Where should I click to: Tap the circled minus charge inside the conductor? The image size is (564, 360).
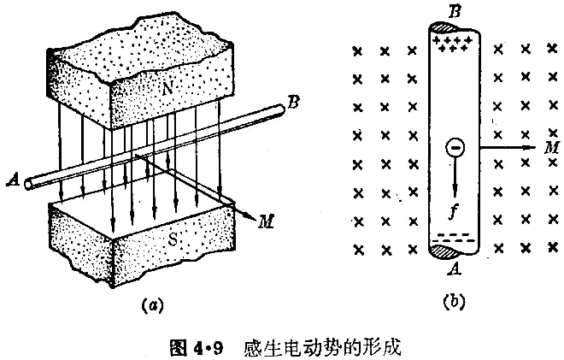tap(455, 149)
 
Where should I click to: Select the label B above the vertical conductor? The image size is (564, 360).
tap(455, 11)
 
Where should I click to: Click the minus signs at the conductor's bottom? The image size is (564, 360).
tap(454, 238)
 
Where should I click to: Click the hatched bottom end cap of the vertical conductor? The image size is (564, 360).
tap(453, 251)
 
